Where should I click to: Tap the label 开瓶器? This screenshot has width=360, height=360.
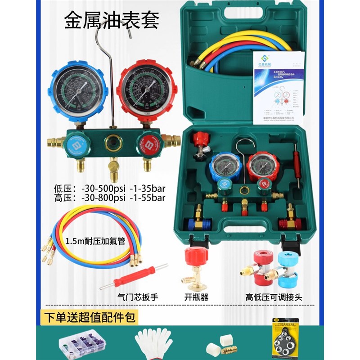[197, 297]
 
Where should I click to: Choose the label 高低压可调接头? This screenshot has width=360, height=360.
[270, 297]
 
